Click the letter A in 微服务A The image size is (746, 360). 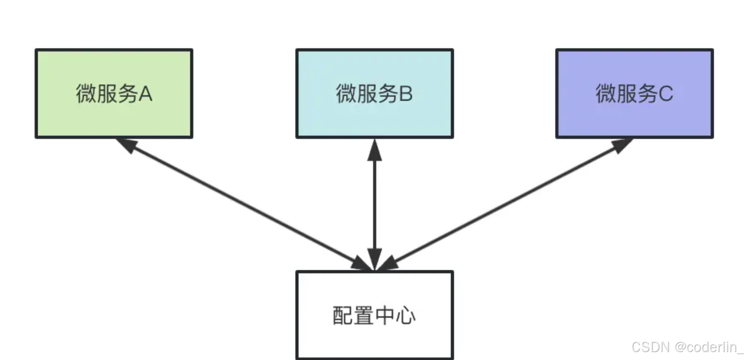[145, 94]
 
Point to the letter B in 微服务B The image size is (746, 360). [405, 94]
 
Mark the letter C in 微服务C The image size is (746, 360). [666, 94]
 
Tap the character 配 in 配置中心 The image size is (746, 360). [342, 315]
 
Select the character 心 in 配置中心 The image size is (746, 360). [406, 315]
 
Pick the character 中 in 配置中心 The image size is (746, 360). [385, 315]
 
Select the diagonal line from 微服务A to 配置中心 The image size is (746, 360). [243, 205]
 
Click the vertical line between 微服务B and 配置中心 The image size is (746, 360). [374, 203]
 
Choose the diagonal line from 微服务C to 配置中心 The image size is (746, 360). [506, 205]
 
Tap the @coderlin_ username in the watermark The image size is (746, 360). [709, 347]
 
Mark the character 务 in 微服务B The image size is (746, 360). [386, 94]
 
